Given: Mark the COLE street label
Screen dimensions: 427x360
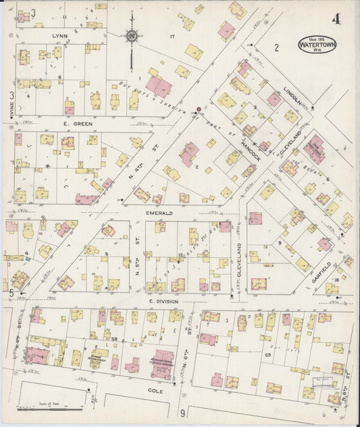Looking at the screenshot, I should tap(159, 391).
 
